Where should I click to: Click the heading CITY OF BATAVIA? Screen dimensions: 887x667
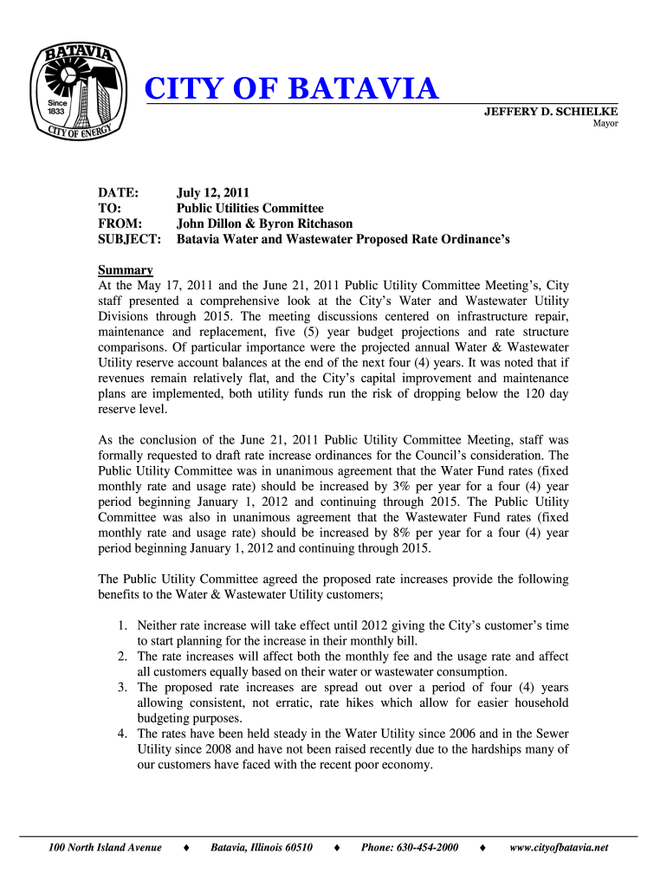291,88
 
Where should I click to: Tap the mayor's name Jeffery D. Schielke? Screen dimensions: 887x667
550,111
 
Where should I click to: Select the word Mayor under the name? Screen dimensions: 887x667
605,124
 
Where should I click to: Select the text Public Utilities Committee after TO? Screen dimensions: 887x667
250,208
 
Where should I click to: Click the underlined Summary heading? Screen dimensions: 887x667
126,269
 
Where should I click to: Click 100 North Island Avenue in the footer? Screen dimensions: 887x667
105,847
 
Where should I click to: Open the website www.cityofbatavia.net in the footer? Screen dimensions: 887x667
559,847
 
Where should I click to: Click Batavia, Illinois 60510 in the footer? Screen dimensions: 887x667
262,847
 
